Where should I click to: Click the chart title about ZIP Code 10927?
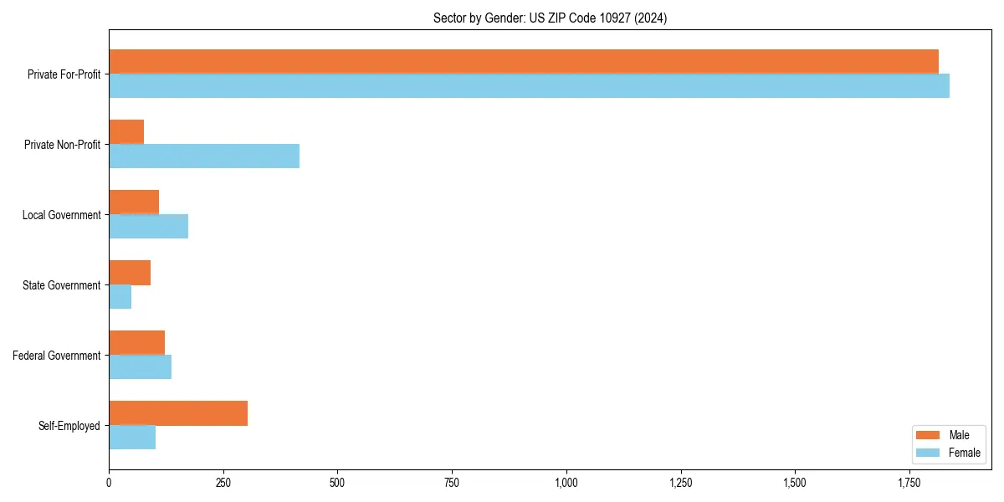[550, 18]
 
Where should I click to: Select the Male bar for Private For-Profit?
[523, 61]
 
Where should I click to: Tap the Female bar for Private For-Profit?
[529, 86]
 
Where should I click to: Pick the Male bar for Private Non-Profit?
[126, 131]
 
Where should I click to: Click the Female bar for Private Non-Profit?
[204, 156]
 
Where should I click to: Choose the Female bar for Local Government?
[148, 227]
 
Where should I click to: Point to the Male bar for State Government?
[130, 272]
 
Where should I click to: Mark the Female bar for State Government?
[120, 297]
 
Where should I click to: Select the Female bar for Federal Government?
[140, 367]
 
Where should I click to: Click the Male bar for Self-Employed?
[178, 412]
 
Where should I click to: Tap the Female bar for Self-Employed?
[132, 438]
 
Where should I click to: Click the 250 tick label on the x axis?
[223, 483]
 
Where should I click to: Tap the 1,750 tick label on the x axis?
[909, 483]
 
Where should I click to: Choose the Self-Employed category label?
[69, 426]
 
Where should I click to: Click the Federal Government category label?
[56, 356]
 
